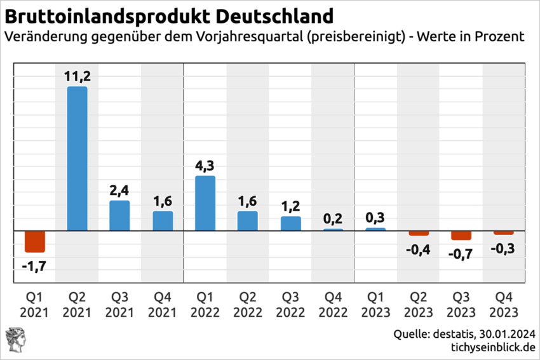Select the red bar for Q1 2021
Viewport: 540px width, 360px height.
point(35,241)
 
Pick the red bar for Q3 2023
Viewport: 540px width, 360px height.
point(461,235)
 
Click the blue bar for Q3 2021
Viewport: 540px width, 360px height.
point(119,215)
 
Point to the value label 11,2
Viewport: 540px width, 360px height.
point(78,76)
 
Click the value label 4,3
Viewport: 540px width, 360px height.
point(205,166)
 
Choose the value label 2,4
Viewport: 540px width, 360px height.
point(119,190)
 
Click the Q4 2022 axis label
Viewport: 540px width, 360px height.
point(333,304)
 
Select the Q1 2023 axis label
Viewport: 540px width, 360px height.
point(375,304)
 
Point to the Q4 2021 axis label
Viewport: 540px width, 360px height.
point(162,304)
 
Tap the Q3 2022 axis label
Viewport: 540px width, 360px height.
point(290,304)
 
